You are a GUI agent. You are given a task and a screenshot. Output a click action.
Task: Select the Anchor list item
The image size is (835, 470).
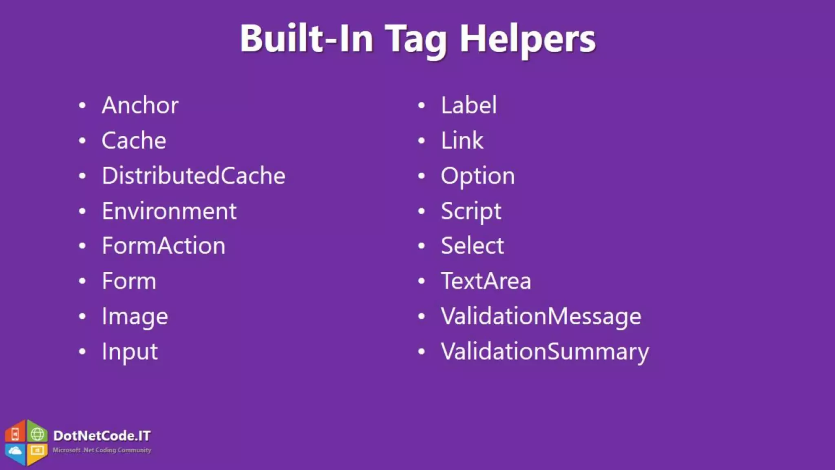140,105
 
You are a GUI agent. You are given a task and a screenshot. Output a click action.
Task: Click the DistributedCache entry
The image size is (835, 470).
193,176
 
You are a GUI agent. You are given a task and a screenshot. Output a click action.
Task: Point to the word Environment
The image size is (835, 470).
169,211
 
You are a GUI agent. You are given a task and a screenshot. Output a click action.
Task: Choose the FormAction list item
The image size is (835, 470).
163,246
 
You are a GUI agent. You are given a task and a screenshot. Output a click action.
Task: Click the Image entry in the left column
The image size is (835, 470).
135,317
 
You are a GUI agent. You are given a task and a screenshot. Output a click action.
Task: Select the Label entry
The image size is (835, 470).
468,105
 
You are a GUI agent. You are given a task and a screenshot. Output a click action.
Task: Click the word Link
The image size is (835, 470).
462,141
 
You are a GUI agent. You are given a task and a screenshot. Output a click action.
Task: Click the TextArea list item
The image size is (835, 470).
486,281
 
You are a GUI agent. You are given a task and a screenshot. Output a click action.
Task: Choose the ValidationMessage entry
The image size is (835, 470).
541,317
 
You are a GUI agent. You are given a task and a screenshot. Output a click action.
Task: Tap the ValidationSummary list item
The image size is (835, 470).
544,352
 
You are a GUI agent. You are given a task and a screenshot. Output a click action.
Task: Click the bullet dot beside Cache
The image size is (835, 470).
82,141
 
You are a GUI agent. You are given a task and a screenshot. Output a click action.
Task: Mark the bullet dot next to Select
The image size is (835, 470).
422,246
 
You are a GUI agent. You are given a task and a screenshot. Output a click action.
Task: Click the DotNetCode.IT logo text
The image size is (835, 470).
102,436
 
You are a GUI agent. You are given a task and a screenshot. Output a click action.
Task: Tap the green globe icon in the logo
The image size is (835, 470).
38,434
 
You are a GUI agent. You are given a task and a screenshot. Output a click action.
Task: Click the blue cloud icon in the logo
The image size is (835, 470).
15,451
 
